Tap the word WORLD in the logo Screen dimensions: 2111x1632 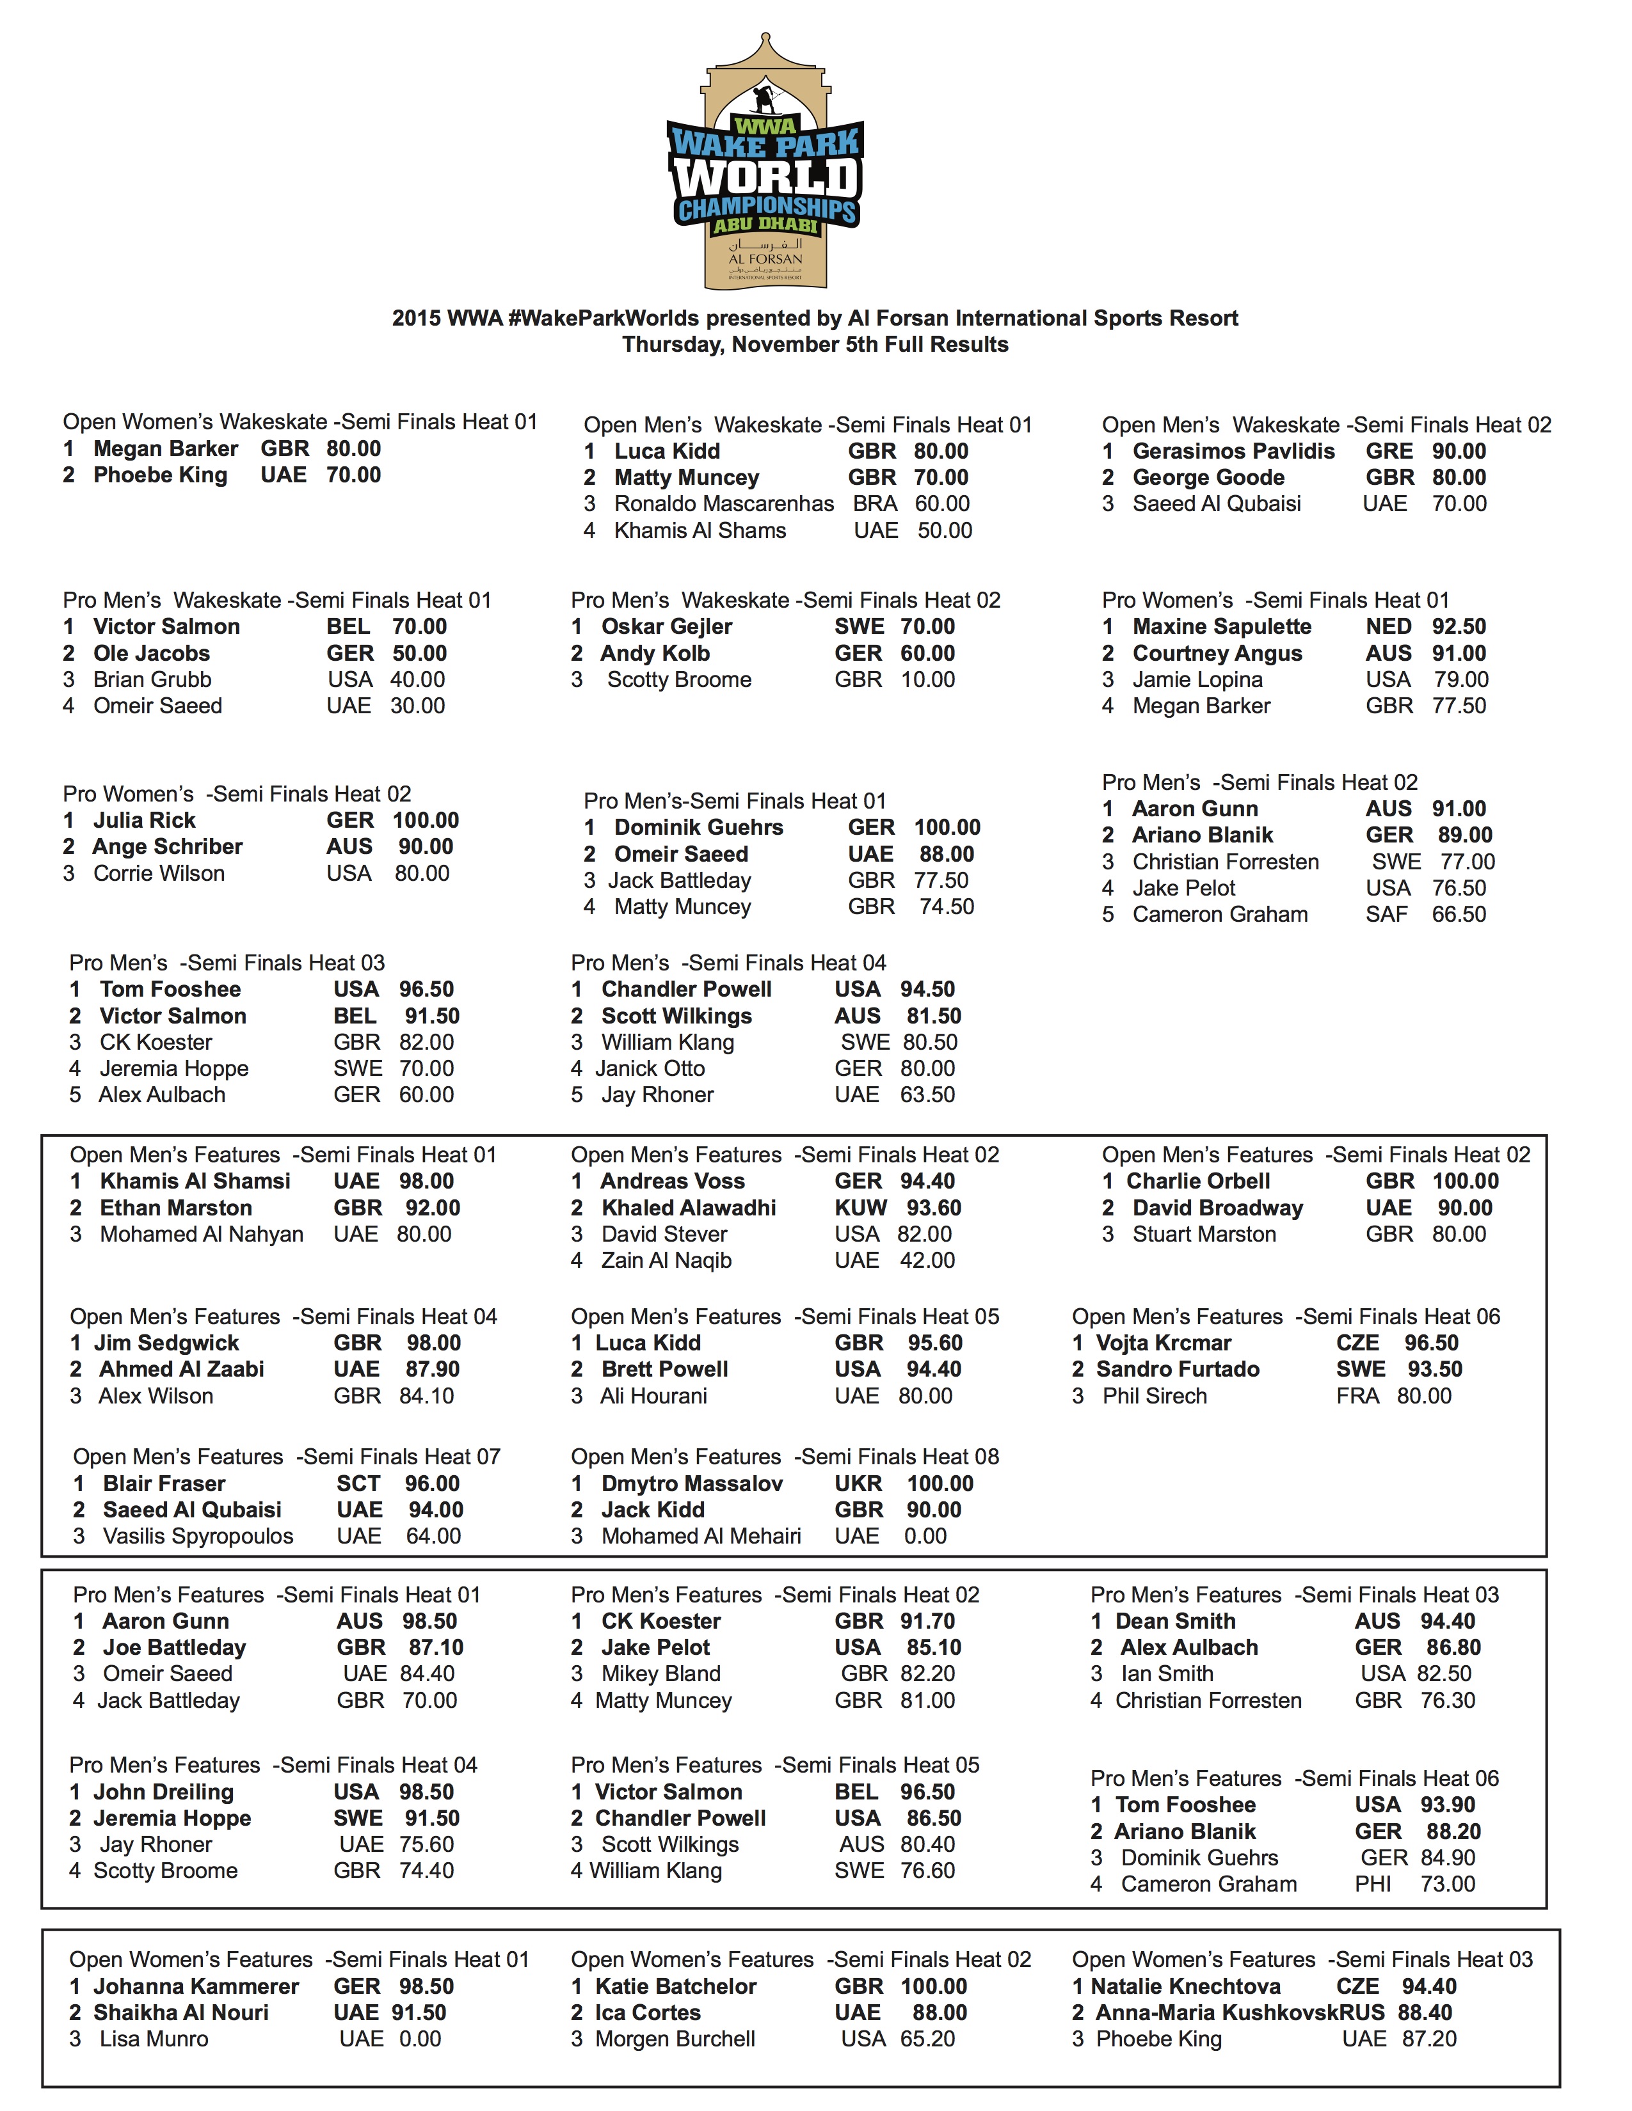coord(765,177)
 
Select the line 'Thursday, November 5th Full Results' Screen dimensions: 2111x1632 coord(815,345)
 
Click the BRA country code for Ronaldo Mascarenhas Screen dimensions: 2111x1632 coord(874,503)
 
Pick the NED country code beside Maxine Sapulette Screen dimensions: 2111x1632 coord(1388,626)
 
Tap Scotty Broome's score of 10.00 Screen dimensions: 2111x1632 coord(927,679)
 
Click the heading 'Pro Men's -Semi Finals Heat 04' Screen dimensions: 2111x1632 coord(728,963)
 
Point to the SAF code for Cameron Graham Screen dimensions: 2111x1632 coord(1386,914)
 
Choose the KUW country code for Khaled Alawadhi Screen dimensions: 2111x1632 coord(860,1208)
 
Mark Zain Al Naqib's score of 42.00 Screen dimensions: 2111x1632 coord(927,1260)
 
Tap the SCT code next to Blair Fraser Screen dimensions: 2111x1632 coord(358,1483)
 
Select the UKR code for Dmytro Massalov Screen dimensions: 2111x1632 coord(858,1483)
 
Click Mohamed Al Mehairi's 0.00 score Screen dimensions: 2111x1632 coord(925,1536)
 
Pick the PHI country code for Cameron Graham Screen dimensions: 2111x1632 coord(1372,1884)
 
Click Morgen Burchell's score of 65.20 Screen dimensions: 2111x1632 coord(927,2039)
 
